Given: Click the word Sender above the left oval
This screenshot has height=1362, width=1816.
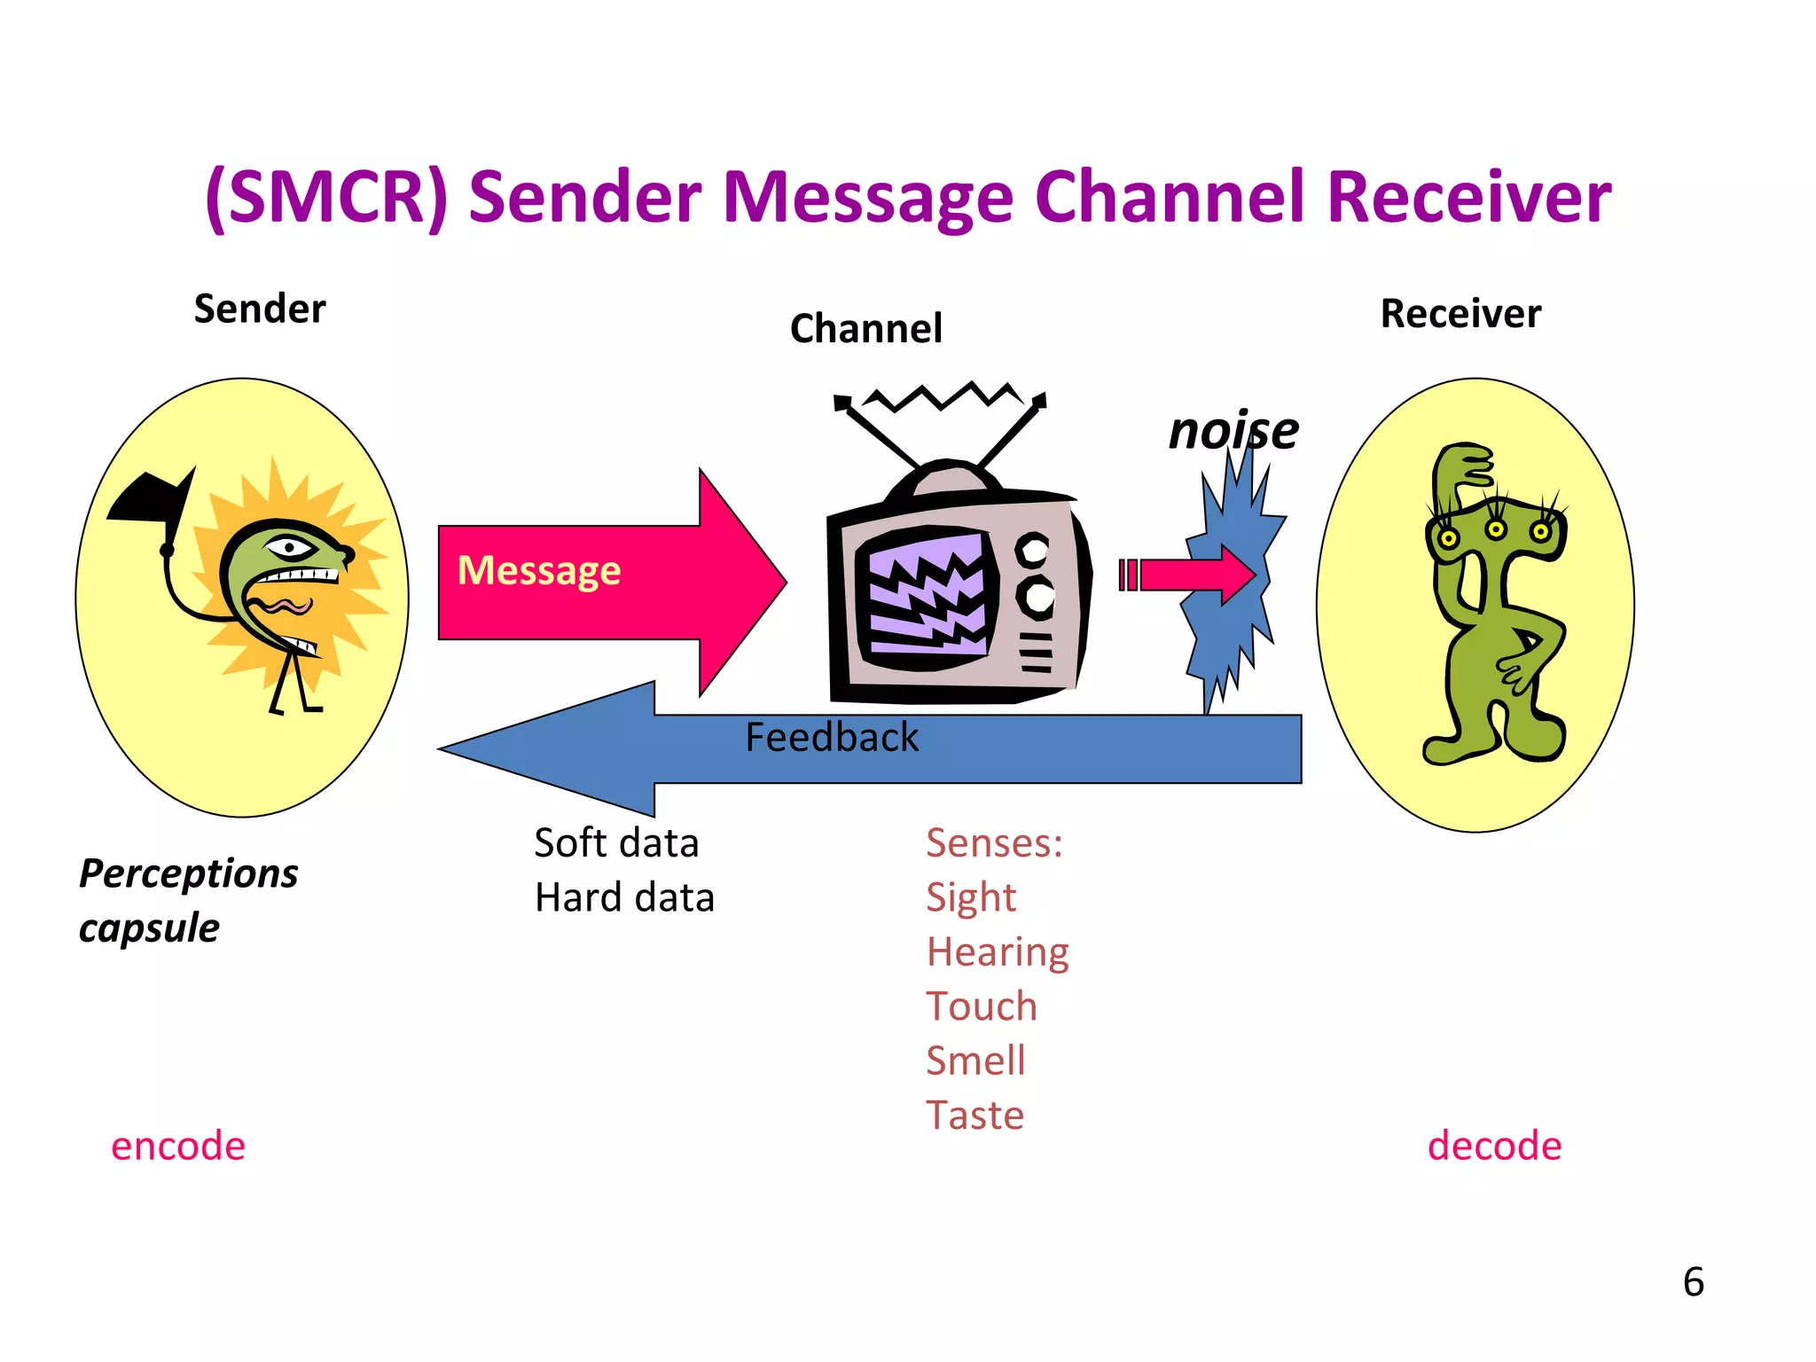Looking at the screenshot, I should [260, 309].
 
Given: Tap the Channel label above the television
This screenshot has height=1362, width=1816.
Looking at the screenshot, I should [865, 329].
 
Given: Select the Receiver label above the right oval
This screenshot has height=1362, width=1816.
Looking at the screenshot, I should [1460, 314].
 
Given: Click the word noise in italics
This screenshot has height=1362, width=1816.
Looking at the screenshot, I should [1233, 432].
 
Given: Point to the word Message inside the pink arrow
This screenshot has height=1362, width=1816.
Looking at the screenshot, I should [539, 570].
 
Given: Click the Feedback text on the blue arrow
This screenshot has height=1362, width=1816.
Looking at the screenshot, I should [832, 738].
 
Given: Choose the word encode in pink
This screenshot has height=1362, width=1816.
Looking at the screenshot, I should [178, 1146].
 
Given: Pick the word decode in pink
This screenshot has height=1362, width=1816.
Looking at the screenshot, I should [1494, 1146].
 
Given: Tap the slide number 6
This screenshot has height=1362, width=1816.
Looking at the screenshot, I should [1693, 1282].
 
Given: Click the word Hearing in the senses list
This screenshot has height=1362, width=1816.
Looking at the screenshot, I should [998, 952].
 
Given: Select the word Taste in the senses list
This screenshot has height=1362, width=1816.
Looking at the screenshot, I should [975, 1115].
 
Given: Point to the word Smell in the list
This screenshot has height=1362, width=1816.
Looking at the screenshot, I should [975, 1061].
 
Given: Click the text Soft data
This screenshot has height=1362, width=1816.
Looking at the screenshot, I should [616, 843].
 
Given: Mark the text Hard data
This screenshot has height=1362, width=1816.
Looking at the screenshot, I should [624, 897].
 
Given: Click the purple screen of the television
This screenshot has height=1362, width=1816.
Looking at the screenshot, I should [928, 594].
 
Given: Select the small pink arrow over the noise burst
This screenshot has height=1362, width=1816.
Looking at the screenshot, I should [1193, 575].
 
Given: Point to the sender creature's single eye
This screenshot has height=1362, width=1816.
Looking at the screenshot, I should [289, 547].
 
